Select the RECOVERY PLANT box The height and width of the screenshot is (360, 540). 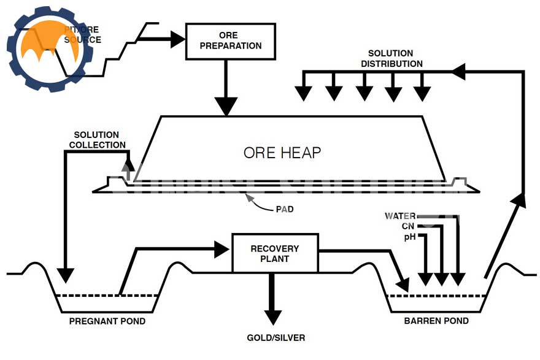[x=274, y=253]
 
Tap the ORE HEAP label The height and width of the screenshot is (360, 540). [x=282, y=152]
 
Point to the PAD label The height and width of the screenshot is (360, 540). [x=284, y=209]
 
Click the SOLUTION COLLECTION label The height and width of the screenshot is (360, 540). [x=96, y=140]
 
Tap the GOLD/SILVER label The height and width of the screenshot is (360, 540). [x=276, y=337]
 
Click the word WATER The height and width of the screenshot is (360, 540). [x=400, y=216]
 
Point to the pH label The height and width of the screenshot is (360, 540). [x=409, y=237]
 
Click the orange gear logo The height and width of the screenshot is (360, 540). [x=49, y=49]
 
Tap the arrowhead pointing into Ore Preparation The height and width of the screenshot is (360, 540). [x=178, y=39]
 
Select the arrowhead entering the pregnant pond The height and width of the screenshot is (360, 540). [x=65, y=275]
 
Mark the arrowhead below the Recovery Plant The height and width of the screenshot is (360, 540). [x=274, y=317]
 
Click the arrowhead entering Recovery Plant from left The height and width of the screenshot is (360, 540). [x=222, y=249]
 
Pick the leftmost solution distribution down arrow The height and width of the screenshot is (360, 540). [x=303, y=93]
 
